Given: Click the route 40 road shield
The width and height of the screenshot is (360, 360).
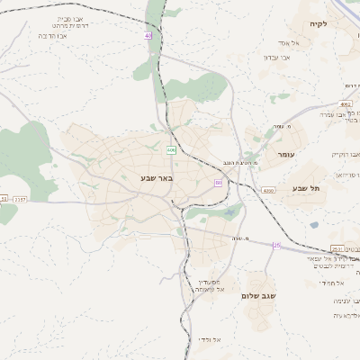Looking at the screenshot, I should point(148,35).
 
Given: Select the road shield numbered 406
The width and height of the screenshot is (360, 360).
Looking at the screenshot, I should point(171,149).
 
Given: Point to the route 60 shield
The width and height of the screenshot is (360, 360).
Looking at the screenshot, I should point(218,183).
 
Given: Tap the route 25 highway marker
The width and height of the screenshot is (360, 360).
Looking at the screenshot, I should point(276,245).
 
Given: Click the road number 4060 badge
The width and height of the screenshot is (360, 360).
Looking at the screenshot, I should point(268,191).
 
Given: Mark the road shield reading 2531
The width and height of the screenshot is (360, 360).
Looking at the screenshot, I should point(337,249).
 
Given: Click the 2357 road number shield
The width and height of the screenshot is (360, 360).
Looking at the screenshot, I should point(21,198).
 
